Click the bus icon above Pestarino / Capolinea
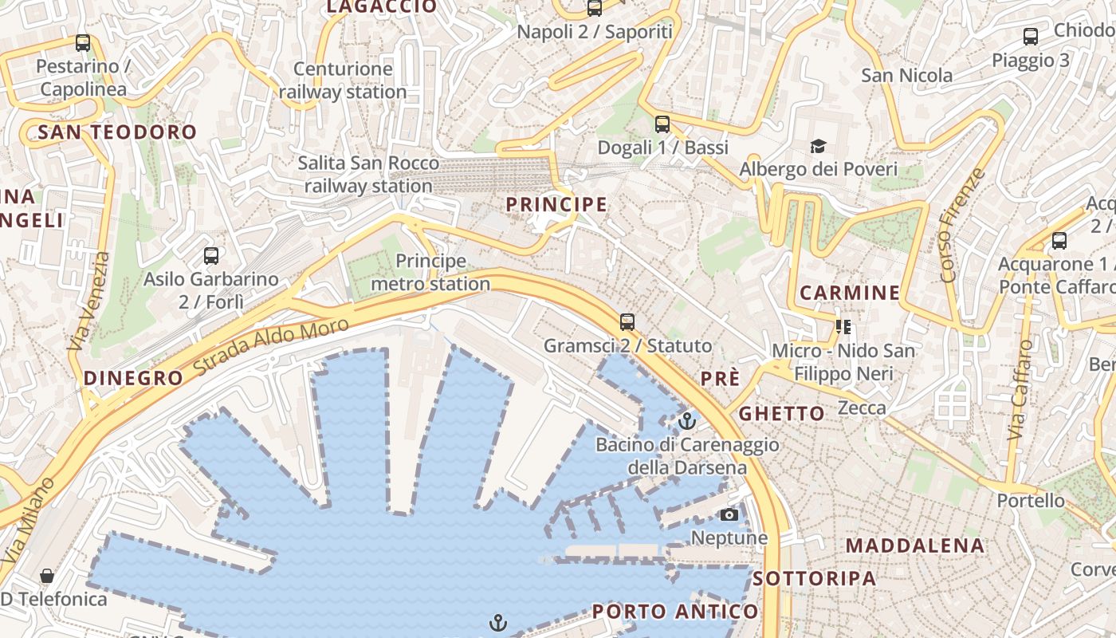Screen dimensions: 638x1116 [x=83, y=43]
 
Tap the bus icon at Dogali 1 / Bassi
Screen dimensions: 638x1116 [x=662, y=124]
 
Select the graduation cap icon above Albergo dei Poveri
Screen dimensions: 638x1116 [x=818, y=146]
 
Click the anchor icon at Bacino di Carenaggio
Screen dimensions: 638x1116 [x=687, y=420]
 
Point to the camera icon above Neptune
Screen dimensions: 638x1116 [x=729, y=514]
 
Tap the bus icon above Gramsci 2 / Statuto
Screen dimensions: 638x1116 [x=627, y=322]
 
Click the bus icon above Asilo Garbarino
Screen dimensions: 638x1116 [x=211, y=256]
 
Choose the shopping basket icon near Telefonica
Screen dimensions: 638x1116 [x=47, y=576]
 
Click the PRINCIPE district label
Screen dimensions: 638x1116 [x=556, y=205]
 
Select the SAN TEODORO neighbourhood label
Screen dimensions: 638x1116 [x=117, y=132]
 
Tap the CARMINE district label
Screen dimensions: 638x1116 [x=850, y=293]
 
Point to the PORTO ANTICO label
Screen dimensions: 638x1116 [x=675, y=612]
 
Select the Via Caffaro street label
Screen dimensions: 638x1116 [x=1020, y=390]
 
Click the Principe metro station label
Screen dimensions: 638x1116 [x=430, y=272]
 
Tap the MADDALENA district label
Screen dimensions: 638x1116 [x=915, y=546]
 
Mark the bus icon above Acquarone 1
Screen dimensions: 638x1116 [x=1059, y=240]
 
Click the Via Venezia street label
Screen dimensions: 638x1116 [x=88, y=302]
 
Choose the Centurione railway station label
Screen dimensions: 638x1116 [x=343, y=81]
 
